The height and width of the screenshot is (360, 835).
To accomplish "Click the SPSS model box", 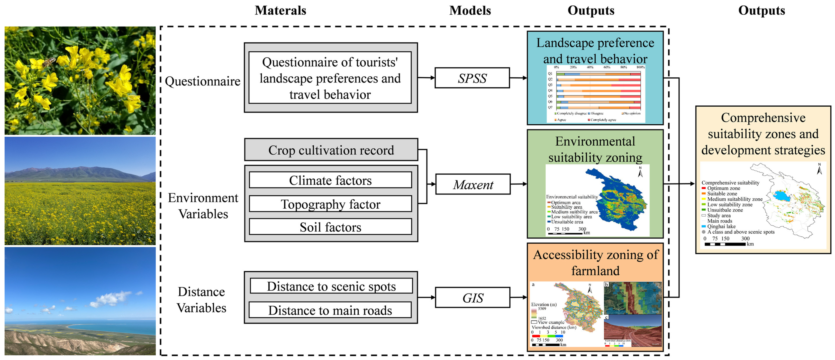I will point(472,78).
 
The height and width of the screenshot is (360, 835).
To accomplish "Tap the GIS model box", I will point(472,297).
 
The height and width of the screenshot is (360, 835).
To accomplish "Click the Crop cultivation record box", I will point(331,150).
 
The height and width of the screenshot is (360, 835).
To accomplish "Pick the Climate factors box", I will point(330,180).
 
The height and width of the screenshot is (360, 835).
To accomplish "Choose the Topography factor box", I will point(330,204).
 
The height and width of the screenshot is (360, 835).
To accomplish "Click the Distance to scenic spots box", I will point(331,286).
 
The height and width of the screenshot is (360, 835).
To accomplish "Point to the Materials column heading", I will point(280,10).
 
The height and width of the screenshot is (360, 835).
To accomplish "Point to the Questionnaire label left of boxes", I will point(203,81).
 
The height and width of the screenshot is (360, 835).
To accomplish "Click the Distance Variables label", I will point(201,300).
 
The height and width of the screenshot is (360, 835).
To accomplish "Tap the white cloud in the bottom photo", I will point(110,298).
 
